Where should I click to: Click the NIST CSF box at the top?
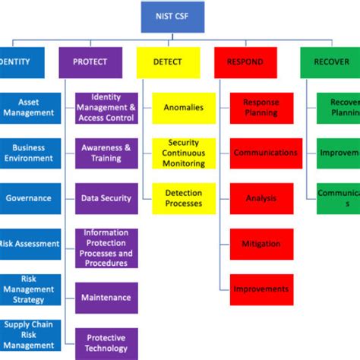(x=172, y=17)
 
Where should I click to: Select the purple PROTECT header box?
(x=90, y=62)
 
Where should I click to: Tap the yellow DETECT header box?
(x=168, y=62)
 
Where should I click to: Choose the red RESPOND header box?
(x=245, y=62)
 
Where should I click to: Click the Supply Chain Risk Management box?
(x=29, y=335)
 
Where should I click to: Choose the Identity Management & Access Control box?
(x=106, y=107)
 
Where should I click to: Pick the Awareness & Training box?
(x=106, y=153)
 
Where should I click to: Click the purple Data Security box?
(x=106, y=198)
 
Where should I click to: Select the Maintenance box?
(x=106, y=298)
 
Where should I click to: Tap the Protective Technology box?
(x=106, y=343)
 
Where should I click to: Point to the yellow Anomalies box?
(x=184, y=107)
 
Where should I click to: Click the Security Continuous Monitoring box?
(x=184, y=153)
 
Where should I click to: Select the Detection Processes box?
(x=184, y=198)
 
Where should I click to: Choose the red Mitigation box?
(x=261, y=244)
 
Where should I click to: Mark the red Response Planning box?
(x=261, y=107)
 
